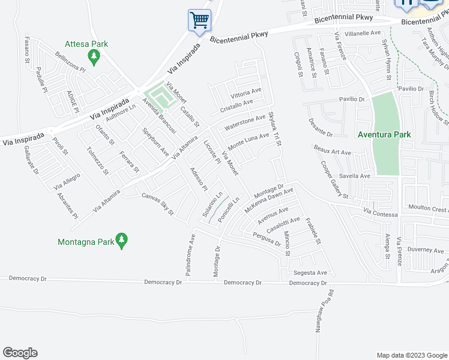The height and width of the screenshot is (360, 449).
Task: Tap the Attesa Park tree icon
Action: click(93, 57)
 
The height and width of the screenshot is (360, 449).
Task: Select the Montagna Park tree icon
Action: click(121, 240)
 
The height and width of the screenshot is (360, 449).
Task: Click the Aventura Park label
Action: click(384, 135)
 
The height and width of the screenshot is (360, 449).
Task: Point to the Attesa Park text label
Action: click(86, 44)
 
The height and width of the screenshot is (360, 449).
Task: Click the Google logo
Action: click(20, 353)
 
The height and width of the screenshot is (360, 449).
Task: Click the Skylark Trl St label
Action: click(275, 128)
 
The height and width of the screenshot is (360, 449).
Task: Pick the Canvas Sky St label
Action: click(157, 204)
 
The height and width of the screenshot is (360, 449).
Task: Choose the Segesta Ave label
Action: click(310, 272)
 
